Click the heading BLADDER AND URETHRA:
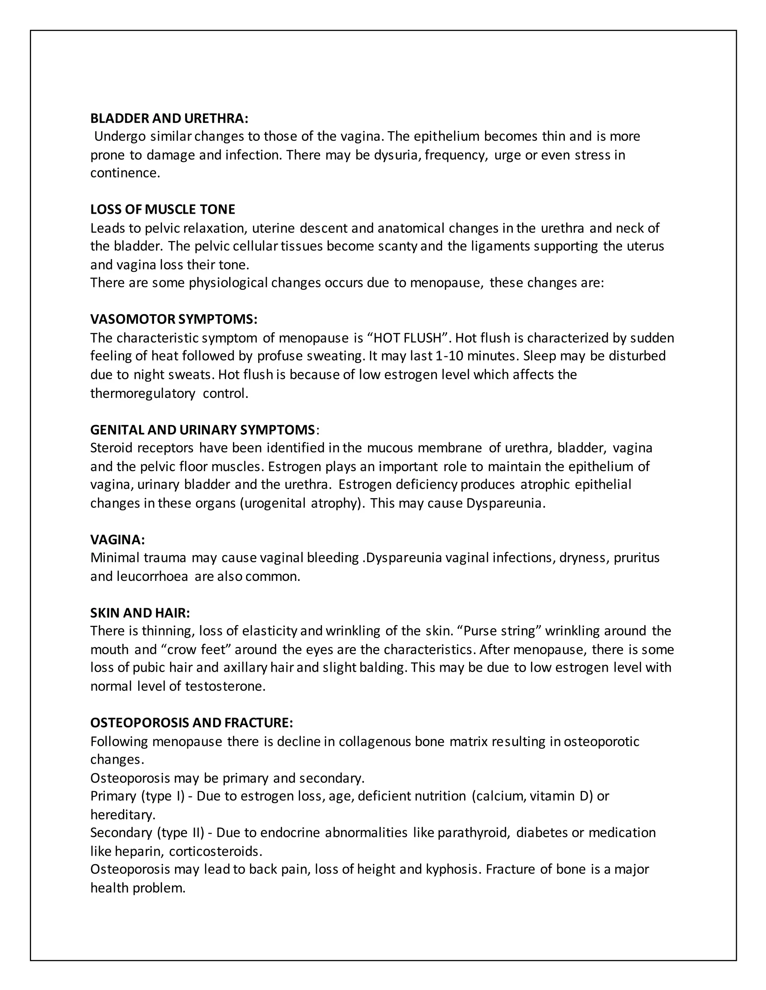[169, 118]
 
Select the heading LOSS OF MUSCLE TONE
[162, 210]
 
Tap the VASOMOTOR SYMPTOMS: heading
[174, 319]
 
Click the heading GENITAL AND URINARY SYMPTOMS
[202, 429]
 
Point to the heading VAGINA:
[117, 539]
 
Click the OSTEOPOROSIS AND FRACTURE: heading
[191, 723]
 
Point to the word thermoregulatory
[143, 393]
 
